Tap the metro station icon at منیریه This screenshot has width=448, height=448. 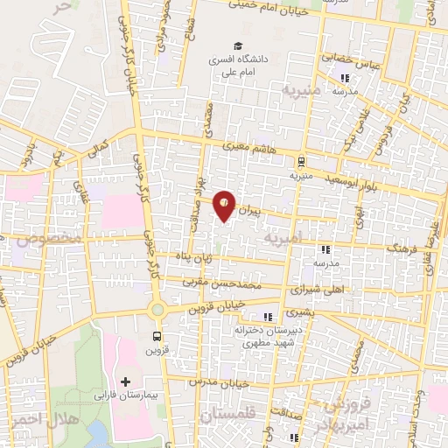pyautogui.click(x=300, y=161)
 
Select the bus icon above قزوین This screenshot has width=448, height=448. pyautogui.click(x=157, y=336)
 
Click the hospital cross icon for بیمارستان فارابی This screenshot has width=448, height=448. pyautogui.click(x=127, y=382)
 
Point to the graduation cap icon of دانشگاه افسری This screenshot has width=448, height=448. pyautogui.click(x=235, y=46)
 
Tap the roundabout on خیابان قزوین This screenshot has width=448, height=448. pyautogui.click(x=157, y=310)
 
